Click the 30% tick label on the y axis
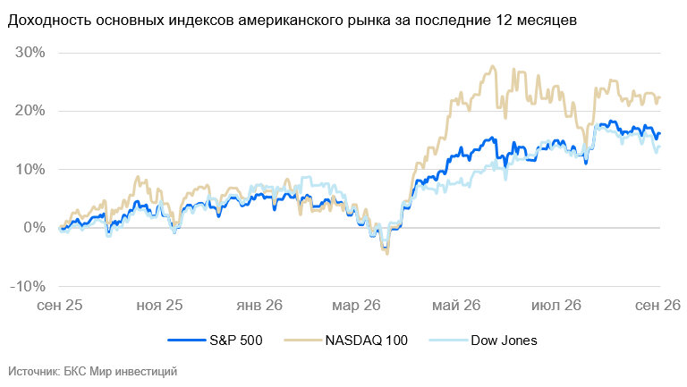[x=30, y=53]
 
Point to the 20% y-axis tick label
[x=30, y=111]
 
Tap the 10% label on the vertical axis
[x=30, y=169]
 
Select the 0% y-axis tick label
[x=34, y=228]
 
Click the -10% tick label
[x=28, y=286]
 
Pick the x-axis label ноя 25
[x=159, y=305]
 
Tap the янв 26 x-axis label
[x=259, y=305]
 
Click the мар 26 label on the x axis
[x=356, y=305]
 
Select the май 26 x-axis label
[x=456, y=305]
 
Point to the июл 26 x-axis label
[x=556, y=305]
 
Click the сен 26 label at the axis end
[x=658, y=305]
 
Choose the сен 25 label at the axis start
[x=60, y=305]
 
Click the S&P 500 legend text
[x=236, y=341]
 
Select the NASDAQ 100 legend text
[x=366, y=341]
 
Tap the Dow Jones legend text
[x=504, y=341]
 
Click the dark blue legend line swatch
[x=187, y=341]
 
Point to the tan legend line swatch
[x=302, y=341]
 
